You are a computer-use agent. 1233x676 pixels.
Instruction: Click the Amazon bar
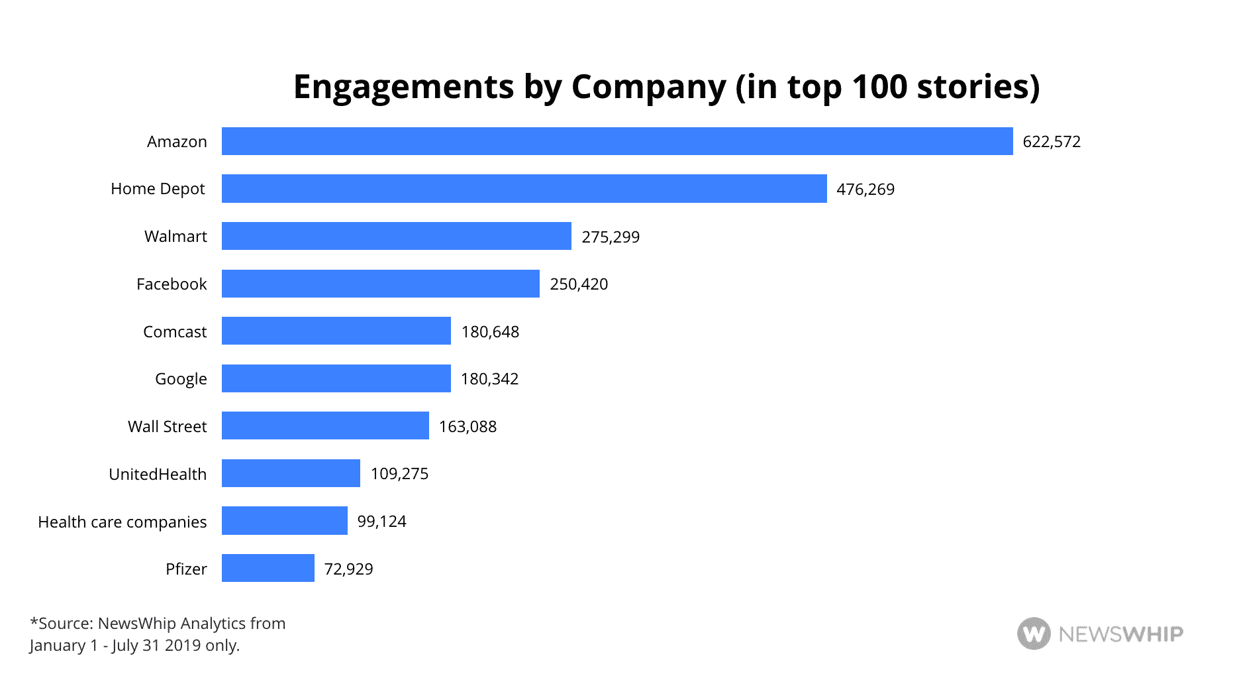coord(616,141)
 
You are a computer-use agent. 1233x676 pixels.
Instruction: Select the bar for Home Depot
coord(524,189)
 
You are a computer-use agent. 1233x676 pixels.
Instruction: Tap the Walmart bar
coord(396,236)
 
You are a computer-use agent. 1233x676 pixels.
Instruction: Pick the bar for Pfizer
coord(268,568)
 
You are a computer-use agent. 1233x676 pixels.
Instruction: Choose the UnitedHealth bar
coord(291,473)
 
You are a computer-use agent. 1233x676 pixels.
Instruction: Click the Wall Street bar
coord(325,425)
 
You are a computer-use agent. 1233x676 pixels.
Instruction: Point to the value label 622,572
coord(1051,142)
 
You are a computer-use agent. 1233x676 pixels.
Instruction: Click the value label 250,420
coord(578,284)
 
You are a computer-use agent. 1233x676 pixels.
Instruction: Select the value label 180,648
coord(490,332)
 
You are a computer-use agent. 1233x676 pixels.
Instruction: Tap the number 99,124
coord(381,522)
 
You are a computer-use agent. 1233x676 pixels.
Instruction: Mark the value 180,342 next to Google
coord(489,379)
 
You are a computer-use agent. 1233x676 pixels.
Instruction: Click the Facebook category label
coord(172,284)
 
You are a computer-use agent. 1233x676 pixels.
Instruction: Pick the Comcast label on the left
coord(175,332)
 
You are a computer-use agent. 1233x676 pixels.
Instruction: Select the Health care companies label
coord(123,522)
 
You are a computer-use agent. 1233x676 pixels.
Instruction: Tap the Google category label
coord(181,379)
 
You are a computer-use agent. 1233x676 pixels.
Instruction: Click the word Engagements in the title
coord(403,87)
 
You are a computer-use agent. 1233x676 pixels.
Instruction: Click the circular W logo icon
coord(1033,634)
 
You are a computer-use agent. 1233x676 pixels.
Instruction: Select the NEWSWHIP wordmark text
coord(1120,634)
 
